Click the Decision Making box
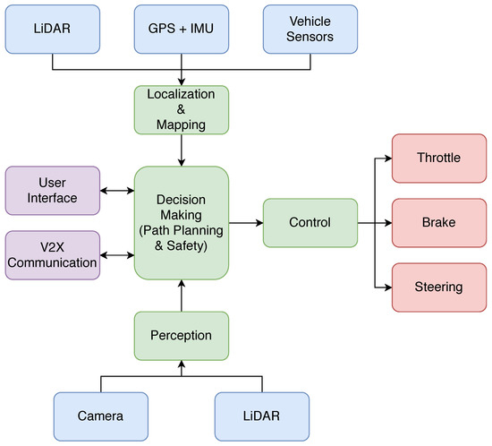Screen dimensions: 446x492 182,223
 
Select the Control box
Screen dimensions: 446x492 310,222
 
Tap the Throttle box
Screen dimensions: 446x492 439,158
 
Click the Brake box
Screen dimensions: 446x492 439,222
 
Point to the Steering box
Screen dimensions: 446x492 439,287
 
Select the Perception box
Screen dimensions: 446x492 182,335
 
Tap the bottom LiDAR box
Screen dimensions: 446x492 261,416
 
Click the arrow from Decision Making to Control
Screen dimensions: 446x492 245,222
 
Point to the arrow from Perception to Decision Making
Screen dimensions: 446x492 182,295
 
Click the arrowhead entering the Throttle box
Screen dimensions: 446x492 386,158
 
